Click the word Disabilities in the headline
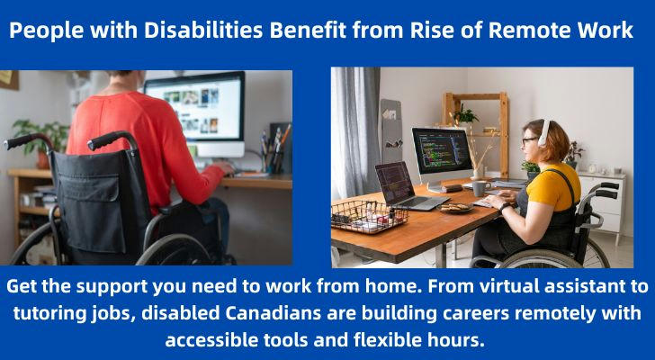tap(203, 30)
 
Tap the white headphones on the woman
tap(544, 133)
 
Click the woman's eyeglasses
tap(527, 140)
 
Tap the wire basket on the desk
tap(369, 215)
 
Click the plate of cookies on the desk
tap(456, 208)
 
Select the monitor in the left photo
tap(195, 113)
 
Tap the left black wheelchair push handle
tap(26, 140)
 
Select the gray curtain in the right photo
tap(355, 132)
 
